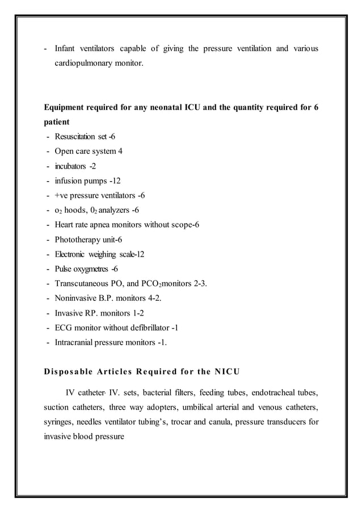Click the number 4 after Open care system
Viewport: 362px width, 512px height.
120,152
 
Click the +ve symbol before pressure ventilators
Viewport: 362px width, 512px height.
62,196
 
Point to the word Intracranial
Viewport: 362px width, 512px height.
74,343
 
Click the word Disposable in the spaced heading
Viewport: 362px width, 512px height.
71,372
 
